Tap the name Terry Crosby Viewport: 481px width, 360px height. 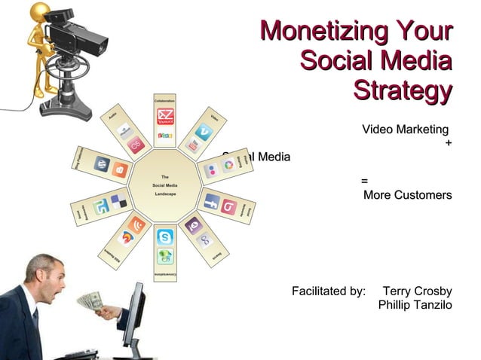pyautogui.click(x=417, y=291)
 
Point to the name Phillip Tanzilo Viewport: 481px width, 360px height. pyautogui.click(x=415, y=305)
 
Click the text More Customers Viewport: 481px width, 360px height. pyautogui.click(x=407, y=196)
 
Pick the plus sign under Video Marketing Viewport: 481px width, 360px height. pyautogui.click(x=449, y=144)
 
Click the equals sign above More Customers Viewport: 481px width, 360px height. pyautogui.click(x=365, y=182)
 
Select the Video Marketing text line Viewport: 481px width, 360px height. pyautogui.click(x=405, y=130)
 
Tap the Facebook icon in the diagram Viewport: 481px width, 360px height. pyautogui.click(x=212, y=202)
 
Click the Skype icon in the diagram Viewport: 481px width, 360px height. pyautogui.click(x=165, y=236)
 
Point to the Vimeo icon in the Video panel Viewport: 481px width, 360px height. pyautogui.click(x=203, y=130)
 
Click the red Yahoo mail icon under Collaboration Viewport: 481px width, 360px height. pyautogui.click(x=165, y=117)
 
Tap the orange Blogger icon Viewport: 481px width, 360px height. pyautogui.click(x=121, y=169)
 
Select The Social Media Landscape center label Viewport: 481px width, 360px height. pyautogui.click(x=165, y=185)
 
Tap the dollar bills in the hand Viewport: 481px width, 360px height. pyautogui.click(x=89, y=301)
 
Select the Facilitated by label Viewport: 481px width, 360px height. pyautogui.click(x=328, y=291)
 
